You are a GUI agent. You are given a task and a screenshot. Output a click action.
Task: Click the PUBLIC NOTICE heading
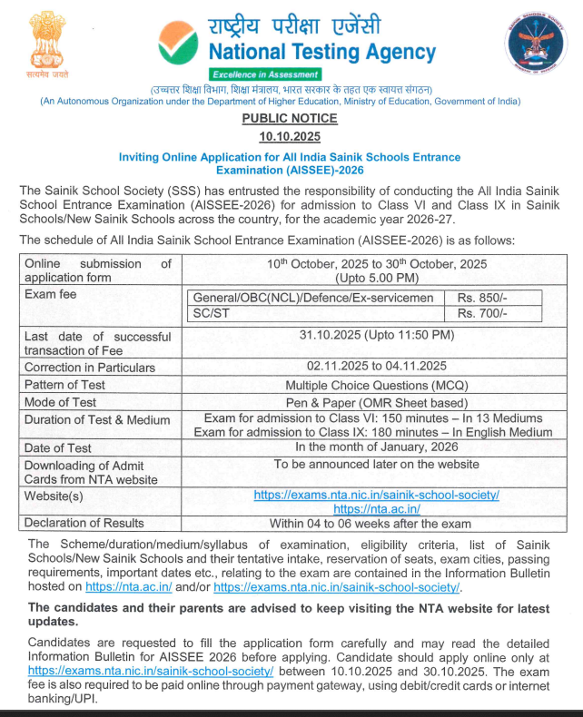(291, 119)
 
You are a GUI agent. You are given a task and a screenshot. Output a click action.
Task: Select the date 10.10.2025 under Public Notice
(291, 137)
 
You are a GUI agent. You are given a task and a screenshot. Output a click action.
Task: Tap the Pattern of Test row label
(64, 385)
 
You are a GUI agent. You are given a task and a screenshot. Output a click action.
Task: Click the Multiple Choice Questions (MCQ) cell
(376, 385)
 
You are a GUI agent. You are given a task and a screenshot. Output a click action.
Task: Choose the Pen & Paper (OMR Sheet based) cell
(376, 402)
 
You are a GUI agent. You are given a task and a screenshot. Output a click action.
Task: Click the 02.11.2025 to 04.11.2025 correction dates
(376, 367)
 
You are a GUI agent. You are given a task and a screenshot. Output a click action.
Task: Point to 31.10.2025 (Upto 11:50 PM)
(376, 336)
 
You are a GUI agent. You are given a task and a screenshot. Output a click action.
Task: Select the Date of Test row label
(58, 447)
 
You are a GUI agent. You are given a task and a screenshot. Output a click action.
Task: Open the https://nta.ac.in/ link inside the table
(376, 509)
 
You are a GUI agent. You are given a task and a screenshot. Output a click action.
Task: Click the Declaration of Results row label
(84, 523)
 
